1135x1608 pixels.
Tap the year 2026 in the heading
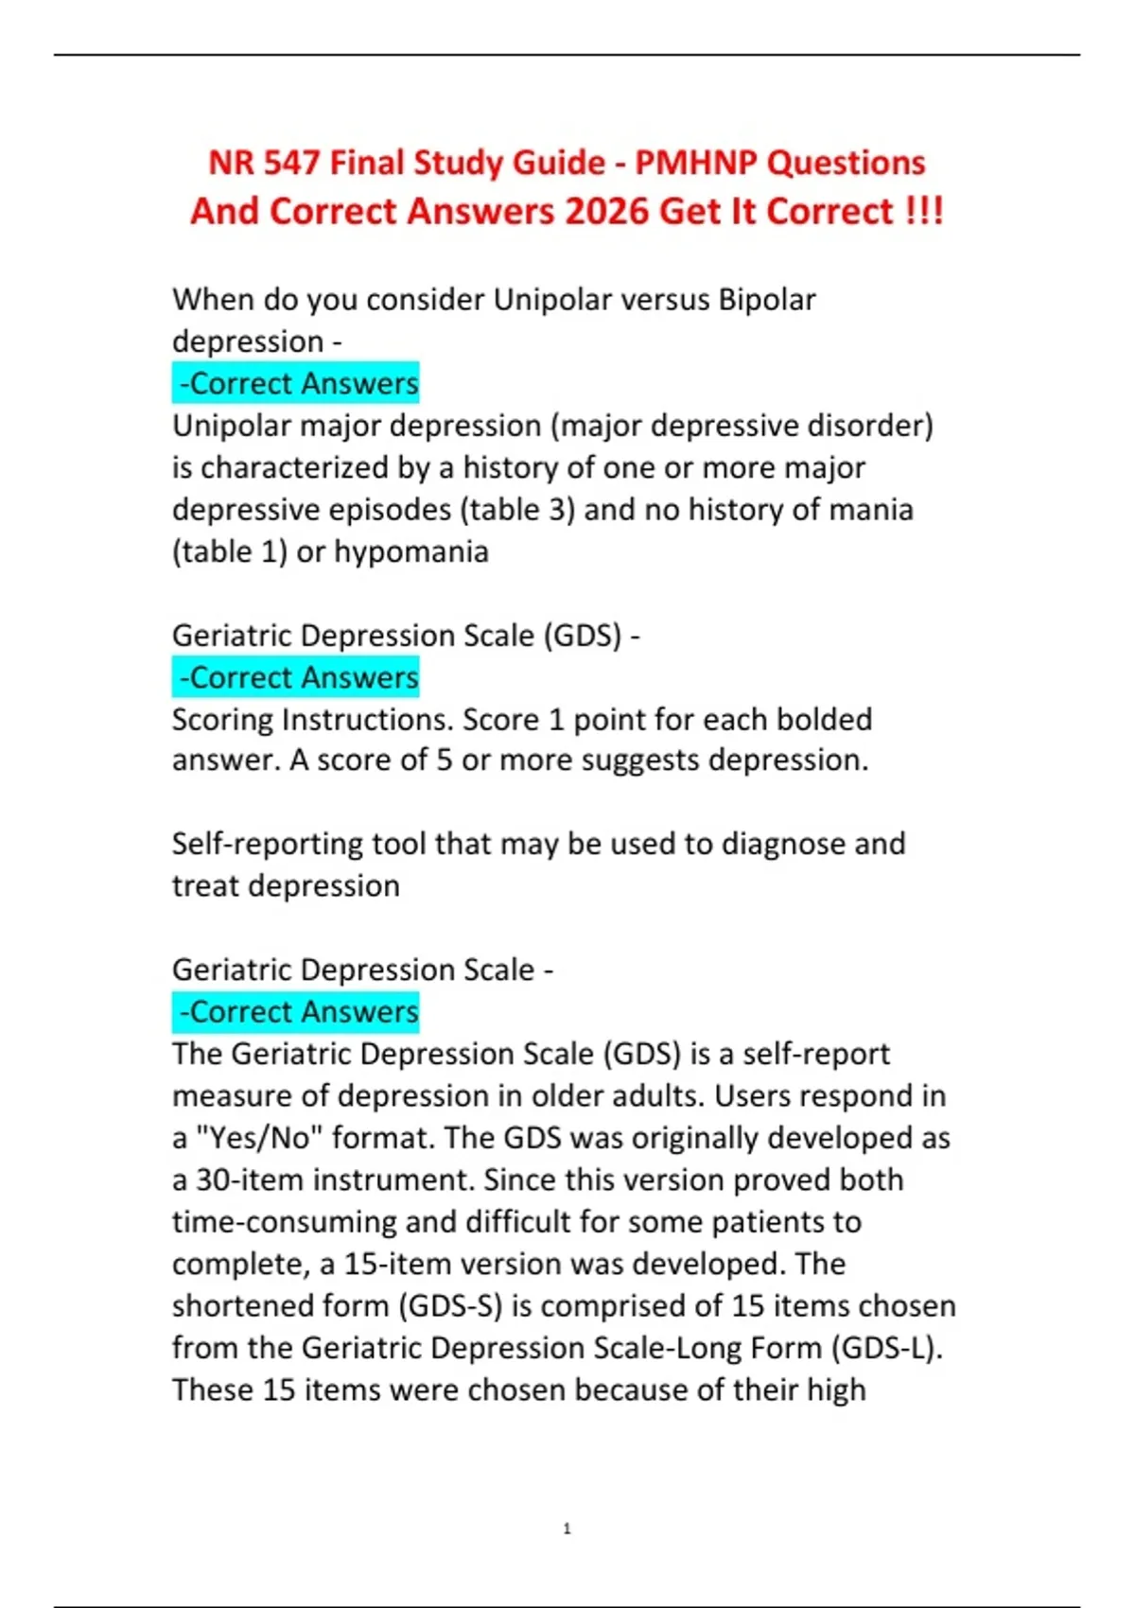pos(606,211)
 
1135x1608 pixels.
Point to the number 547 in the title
pos(291,163)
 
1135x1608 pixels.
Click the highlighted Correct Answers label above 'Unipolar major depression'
pos(297,383)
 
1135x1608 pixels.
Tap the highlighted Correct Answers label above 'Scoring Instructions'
pos(297,677)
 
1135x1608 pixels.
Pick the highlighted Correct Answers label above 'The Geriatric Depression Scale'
pos(297,1011)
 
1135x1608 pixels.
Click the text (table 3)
pos(517,510)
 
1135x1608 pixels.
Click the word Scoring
pos(223,720)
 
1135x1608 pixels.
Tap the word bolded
pos(824,720)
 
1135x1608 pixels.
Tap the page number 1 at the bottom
pos(567,1529)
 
